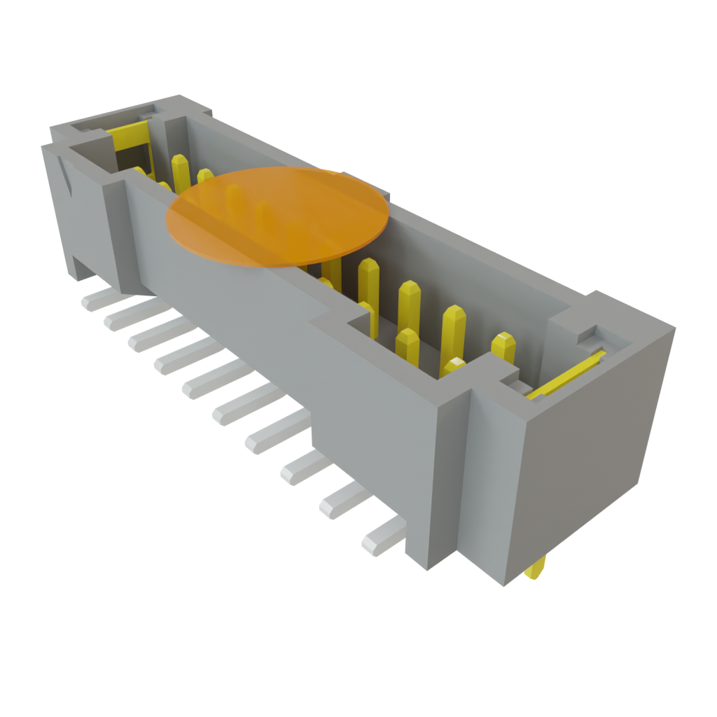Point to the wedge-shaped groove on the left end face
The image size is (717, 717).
pos(67,179)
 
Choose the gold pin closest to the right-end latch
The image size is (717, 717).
pos(503,347)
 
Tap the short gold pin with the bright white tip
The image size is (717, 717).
pos(454,366)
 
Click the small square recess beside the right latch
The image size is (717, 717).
pos(587,337)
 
